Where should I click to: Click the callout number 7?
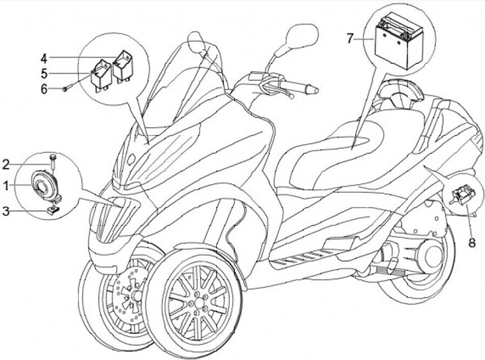(x=350, y=38)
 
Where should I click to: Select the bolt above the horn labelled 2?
(x=52, y=159)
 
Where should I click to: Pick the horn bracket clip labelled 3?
(x=51, y=211)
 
